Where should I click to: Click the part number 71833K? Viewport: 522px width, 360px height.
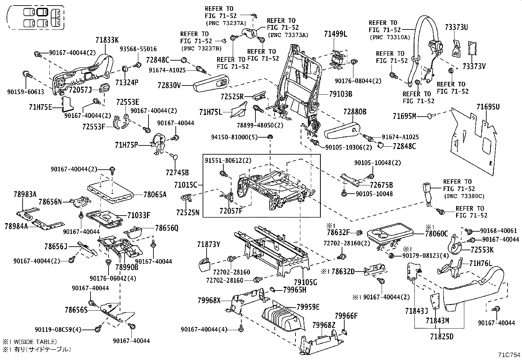(107, 40)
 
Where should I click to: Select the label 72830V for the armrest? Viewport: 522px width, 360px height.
(169, 86)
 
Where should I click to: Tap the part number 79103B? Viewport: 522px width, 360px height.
(341, 94)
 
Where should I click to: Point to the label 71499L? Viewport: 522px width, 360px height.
(335, 34)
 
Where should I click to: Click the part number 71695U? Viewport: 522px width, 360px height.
(488, 107)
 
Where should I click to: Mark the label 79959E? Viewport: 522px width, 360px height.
(308, 307)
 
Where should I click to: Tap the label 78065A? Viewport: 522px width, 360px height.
(155, 195)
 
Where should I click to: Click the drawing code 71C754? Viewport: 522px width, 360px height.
(509, 355)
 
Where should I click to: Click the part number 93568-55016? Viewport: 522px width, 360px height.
(138, 49)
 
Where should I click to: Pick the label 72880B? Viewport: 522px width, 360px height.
(355, 112)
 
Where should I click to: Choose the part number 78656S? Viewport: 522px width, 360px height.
(76, 310)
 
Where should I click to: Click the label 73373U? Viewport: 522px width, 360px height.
(456, 28)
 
